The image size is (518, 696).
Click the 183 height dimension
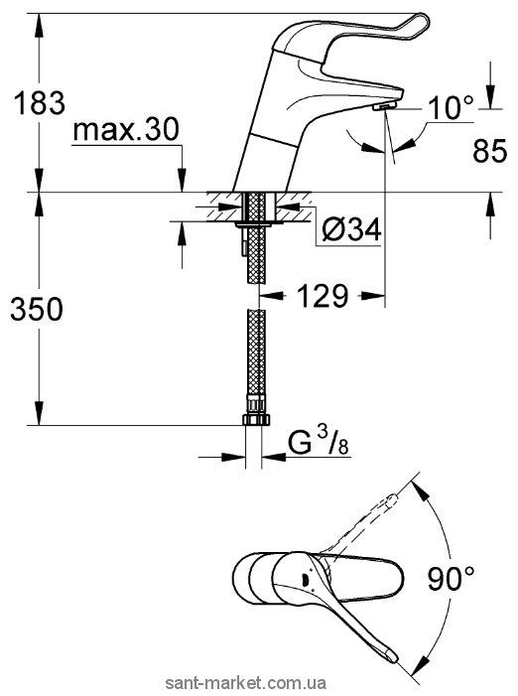pyautogui.click(x=39, y=102)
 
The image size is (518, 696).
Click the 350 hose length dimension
pyautogui.click(x=37, y=309)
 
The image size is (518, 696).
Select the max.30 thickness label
pyautogui.click(x=126, y=129)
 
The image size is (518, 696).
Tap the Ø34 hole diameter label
pyautogui.click(x=351, y=230)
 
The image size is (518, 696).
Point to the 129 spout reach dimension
pyautogui.click(x=323, y=296)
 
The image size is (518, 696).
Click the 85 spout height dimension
pyautogui.click(x=489, y=151)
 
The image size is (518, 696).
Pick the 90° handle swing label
pyautogui.click(x=451, y=579)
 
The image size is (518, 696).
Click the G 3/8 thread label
pyautogui.click(x=319, y=443)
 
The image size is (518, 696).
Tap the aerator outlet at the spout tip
pyautogui.click(x=385, y=106)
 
